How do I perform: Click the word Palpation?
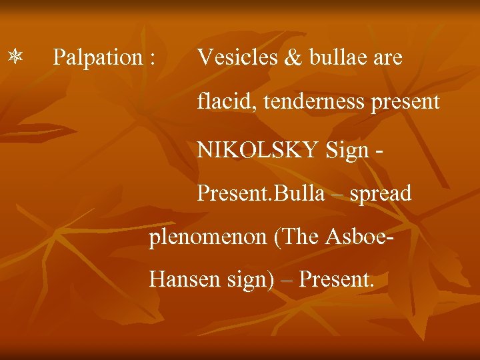(97, 58)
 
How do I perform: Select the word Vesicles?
(237, 58)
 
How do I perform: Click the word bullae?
(338, 58)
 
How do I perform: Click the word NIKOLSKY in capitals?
(257, 149)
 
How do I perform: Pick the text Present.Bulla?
(261, 194)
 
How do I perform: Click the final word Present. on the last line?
(337, 279)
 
